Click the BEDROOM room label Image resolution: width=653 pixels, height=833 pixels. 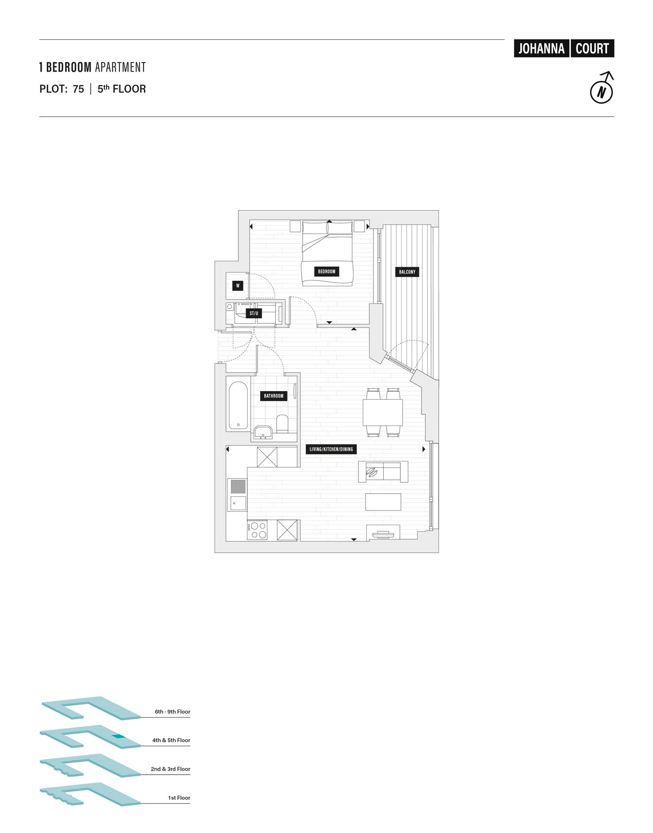(x=326, y=272)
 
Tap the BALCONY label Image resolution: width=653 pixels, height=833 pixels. (x=407, y=272)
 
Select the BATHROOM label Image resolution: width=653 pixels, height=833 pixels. (x=273, y=396)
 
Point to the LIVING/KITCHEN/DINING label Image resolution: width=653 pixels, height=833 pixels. (x=331, y=449)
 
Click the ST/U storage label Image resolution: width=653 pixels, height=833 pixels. (x=254, y=314)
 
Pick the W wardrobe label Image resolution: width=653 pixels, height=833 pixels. (x=238, y=286)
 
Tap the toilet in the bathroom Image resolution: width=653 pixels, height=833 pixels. (x=282, y=423)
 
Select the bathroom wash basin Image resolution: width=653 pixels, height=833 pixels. (x=263, y=432)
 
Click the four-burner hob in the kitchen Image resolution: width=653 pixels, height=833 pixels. (x=257, y=530)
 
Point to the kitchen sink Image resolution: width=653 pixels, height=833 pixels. (x=238, y=503)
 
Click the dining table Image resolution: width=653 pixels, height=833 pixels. (x=383, y=412)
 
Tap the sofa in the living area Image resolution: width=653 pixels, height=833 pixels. (x=383, y=472)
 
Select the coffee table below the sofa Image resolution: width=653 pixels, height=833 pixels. (x=383, y=502)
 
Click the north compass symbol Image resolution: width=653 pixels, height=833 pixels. (x=602, y=92)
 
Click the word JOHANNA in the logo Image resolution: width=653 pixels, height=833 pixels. (x=541, y=49)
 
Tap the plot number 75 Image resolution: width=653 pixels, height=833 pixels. (x=78, y=89)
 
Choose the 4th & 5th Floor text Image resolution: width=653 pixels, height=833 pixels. (x=171, y=740)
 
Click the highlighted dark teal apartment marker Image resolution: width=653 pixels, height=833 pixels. (x=118, y=737)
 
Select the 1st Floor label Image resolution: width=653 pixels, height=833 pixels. (x=179, y=798)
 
